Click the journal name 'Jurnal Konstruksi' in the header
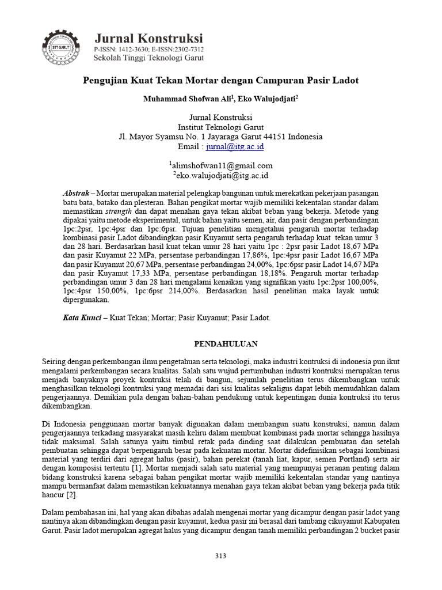[x=148, y=38]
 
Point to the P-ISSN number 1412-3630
[x=134, y=50]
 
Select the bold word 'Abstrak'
[x=75, y=191]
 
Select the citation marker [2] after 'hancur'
[x=71, y=495]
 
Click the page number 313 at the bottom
[x=220, y=556]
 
